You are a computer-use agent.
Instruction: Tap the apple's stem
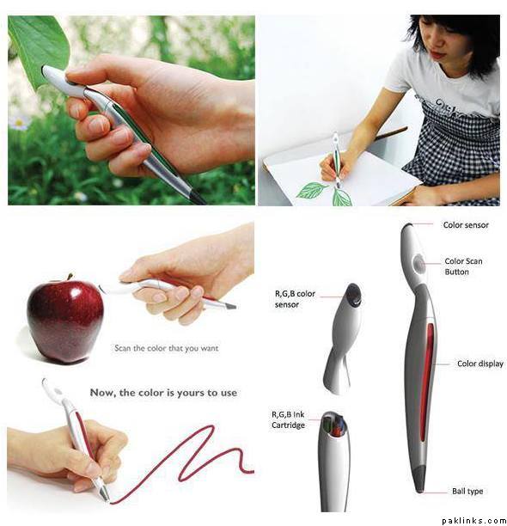pos(70,277)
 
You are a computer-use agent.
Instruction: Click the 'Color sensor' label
pos(466,225)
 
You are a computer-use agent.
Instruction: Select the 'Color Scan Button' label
pos(463,266)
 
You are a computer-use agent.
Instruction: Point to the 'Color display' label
pos(480,364)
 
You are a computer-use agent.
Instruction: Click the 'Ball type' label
pos(467,491)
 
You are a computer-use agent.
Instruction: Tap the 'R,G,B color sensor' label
pos(295,299)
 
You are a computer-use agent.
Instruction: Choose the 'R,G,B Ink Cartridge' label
pos(288,419)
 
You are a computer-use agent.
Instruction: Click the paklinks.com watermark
pos(473,521)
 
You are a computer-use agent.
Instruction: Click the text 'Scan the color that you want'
pos(167,348)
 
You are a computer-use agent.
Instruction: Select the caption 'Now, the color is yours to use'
pos(163,393)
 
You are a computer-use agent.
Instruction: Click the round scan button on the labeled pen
pos(418,263)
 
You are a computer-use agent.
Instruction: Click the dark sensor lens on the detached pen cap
pos(353,295)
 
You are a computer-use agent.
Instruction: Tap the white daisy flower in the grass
pos(18,122)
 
